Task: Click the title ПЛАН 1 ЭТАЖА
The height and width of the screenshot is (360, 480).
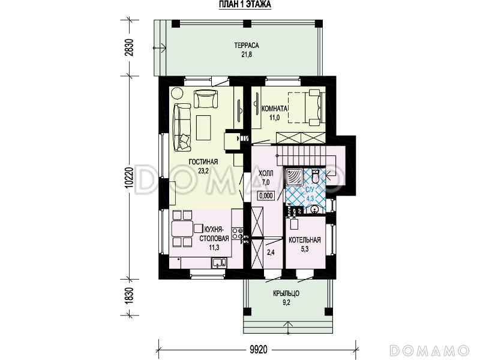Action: (x=245, y=4)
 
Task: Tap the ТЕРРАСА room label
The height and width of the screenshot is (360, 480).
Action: (x=247, y=46)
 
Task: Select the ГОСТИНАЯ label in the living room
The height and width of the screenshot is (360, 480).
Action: (x=203, y=161)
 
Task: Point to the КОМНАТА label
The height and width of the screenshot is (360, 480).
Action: (x=274, y=109)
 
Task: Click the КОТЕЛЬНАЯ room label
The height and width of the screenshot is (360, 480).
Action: (x=305, y=240)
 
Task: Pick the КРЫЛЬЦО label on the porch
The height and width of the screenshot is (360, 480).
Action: (x=286, y=293)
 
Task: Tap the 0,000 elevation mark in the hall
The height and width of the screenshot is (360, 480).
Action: (x=266, y=196)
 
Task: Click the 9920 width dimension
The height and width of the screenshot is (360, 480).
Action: (x=259, y=349)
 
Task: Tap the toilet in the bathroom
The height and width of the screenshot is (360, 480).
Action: (x=316, y=176)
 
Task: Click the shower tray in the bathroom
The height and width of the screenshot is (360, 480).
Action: (x=293, y=178)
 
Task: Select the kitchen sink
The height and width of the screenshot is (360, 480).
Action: (x=219, y=263)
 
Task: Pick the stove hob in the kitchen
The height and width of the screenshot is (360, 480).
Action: (x=237, y=233)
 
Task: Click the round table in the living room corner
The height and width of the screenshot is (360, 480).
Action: (x=176, y=93)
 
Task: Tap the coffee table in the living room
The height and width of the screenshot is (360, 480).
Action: (x=203, y=127)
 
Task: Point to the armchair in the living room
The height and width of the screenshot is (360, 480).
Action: (x=206, y=98)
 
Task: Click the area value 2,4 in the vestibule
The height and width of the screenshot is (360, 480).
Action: (x=271, y=253)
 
